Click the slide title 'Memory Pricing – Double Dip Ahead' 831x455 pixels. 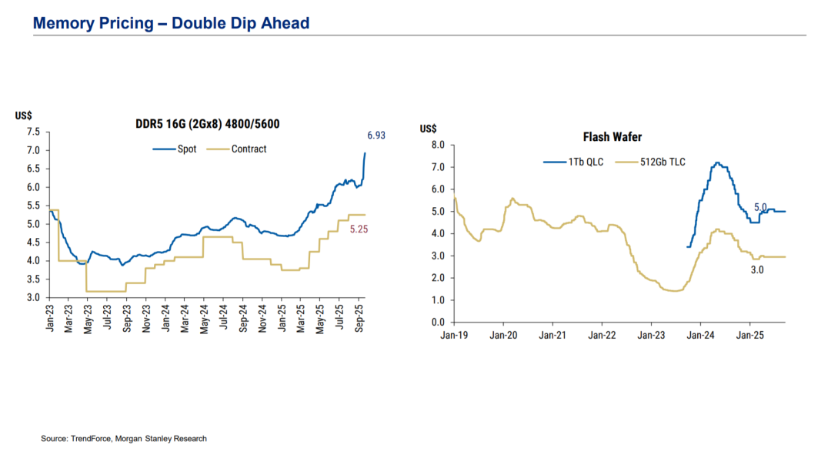[x=171, y=23]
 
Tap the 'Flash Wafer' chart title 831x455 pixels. [x=612, y=137]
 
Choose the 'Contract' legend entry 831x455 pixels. [x=249, y=149]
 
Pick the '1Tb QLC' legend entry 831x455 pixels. [x=586, y=162]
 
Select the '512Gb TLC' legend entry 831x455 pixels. [x=662, y=162]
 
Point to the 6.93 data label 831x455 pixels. [x=375, y=135]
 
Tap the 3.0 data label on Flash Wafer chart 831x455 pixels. [x=757, y=270]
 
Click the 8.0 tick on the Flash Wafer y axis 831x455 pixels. [x=438, y=145]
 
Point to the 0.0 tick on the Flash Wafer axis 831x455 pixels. [x=438, y=323]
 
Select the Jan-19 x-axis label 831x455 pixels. [x=455, y=336]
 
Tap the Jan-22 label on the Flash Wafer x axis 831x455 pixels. [x=602, y=336]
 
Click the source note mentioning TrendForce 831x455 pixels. [x=124, y=439]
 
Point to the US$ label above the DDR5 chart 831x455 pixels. [x=23, y=115]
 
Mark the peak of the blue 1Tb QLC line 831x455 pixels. [x=717, y=162]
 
